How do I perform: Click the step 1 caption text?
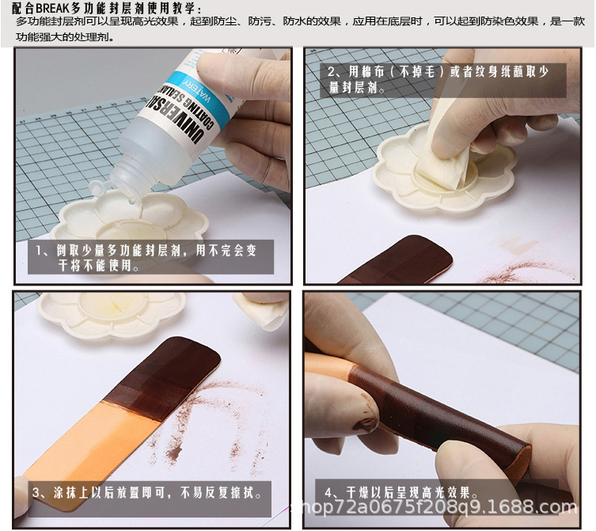(x=150, y=258)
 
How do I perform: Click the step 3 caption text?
(x=146, y=492)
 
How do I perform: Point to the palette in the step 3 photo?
(x=111, y=313)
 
